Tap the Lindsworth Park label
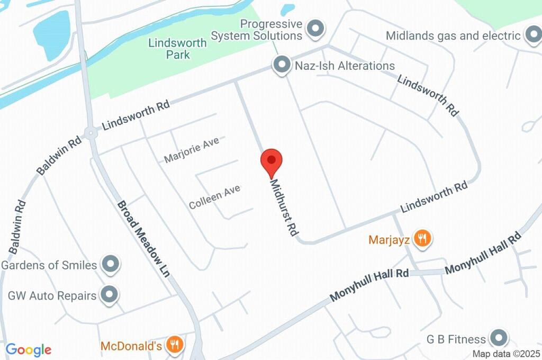pyautogui.click(x=177, y=48)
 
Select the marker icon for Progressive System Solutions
pyautogui.click(x=316, y=30)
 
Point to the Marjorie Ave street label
pyautogui.click(x=191, y=151)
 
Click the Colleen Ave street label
pyautogui.click(x=215, y=196)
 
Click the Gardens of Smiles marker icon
pyautogui.click(x=110, y=265)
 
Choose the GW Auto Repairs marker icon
pyautogui.click(x=110, y=295)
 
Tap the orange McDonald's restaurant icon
pyautogui.click(x=174, y=346)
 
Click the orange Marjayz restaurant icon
pyautogui.click(x=422, y=239)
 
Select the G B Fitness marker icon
pyautogui.click(x=498, y=338)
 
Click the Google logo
pyautogui.click(x=29, y=349)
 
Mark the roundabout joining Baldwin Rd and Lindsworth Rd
pyautogui.click(x=91, y=132)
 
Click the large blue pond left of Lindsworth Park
pyautogui.click(x=52, y=35)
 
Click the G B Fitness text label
pyautogui.click(x=456, y=339)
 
